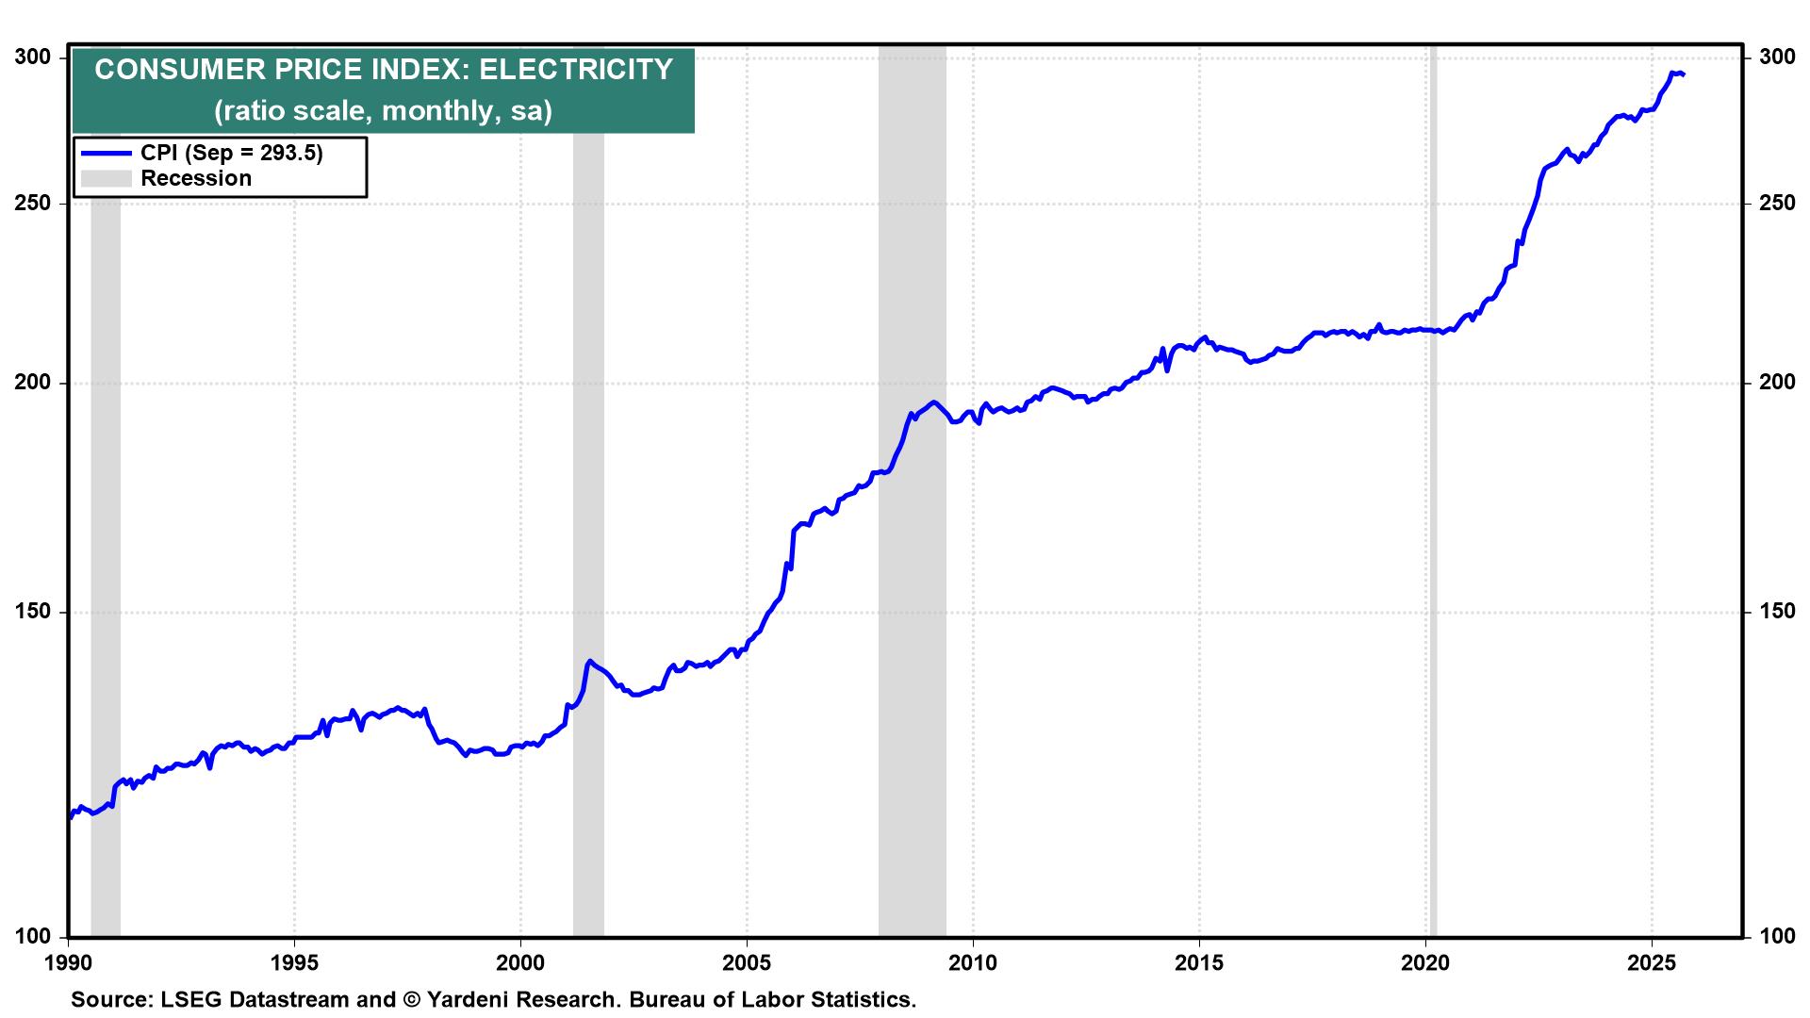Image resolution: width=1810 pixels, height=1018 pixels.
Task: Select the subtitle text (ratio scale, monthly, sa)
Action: pyautogui.click(x=383, y=111)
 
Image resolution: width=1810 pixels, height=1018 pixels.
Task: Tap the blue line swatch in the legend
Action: pyautogui.click(x=106, y=154)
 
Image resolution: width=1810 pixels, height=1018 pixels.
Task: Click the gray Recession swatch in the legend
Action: pyautogui.click(x=106, y=178)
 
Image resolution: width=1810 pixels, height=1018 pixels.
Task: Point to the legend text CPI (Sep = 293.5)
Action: pyautogui.click(x=232, y=154)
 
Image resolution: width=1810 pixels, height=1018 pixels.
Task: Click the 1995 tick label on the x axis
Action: pyautogui.click(x=294, y=963)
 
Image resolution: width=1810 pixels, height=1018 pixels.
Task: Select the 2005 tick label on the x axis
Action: pyautogui.click(x=747, y=963)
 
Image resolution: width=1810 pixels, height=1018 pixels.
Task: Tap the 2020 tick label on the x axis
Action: pyautogui.click(x=1425, y=963)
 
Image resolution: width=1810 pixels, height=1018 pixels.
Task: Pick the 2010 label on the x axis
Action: pyautogui.click(x=973, y=963)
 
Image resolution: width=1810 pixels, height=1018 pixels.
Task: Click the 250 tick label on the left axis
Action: pyautogui.click(x=34, y=204)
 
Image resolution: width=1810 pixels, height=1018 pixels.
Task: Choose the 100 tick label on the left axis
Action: pyautogui.click(x=34, y=937)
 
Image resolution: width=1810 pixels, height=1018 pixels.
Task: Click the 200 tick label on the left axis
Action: pyautogui.click(x=34, y=383)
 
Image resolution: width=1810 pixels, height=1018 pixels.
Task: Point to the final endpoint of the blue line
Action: pyautogui.click(x=1684, y=74)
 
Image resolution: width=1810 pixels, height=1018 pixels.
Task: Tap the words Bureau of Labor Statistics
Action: pyautogui.click(x=773, y=999)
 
